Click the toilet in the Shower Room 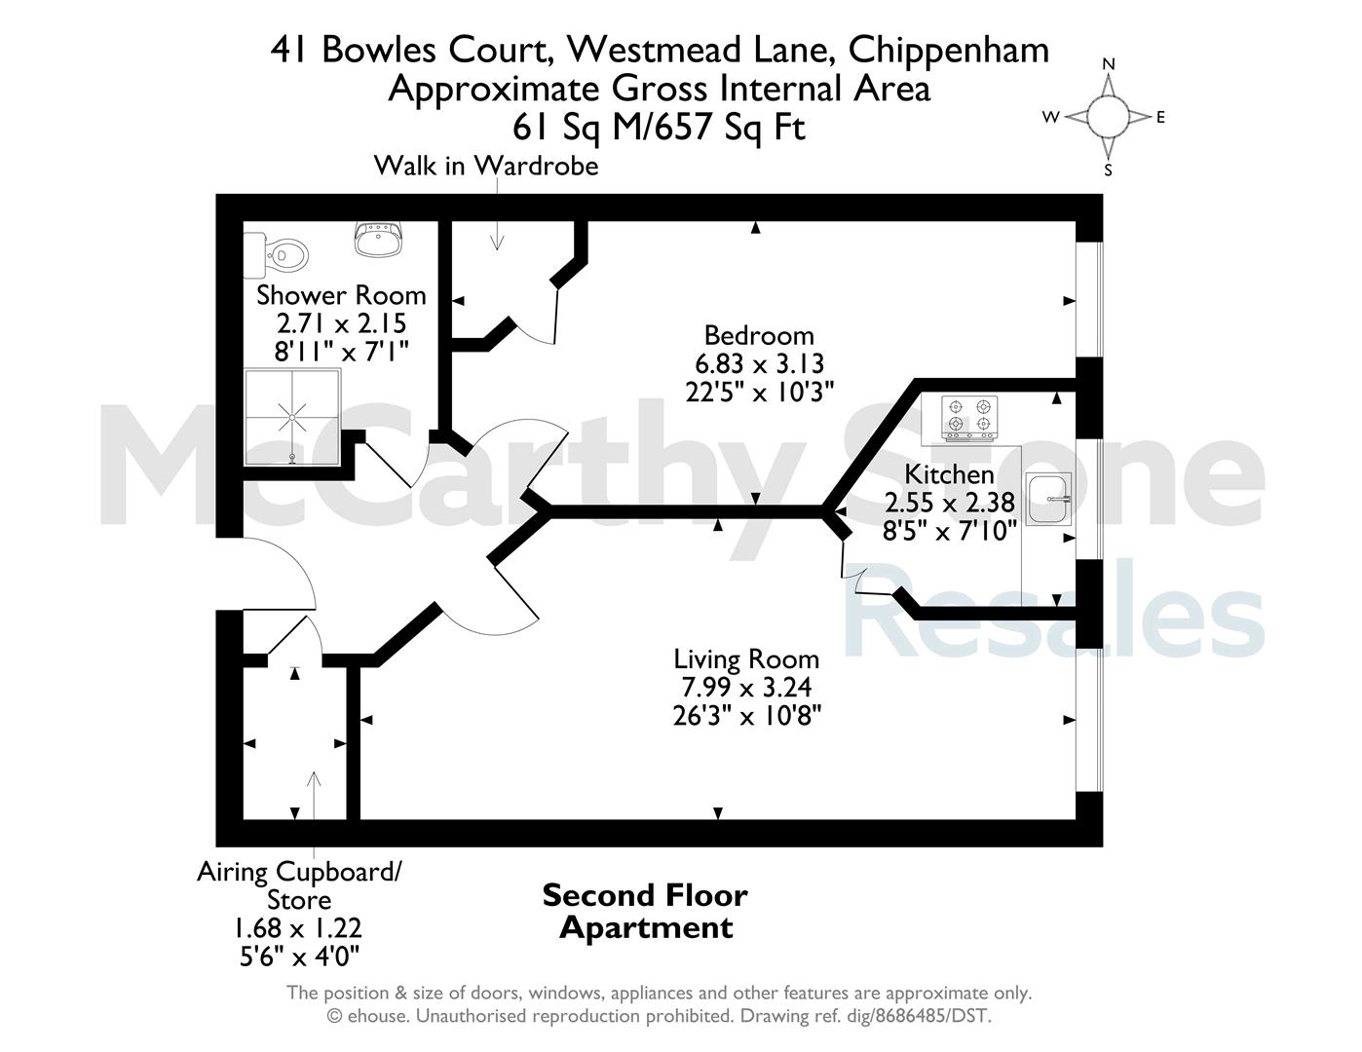tap(276, 255)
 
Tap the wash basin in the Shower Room tap(379, 239)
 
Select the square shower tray tap(292, 417)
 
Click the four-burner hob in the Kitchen tap(969, 419)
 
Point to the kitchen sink tap(1049, 499)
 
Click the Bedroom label tap(759, 336)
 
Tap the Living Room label tap(746, 659)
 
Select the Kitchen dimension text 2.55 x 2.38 tap(950, 503)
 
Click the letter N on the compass tap(1109, 64)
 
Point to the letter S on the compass tap(1108, 170)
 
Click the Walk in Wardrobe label tap(486, 166)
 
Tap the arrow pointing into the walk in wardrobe tap(497, 215)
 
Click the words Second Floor tap(646, 895)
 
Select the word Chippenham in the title tap(949, 50)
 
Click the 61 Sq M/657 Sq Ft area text tap(659, 128)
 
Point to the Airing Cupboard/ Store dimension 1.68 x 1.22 tap(298, 928)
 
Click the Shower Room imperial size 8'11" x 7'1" tap(342, 352)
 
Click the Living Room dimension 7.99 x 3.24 tap(746, 688)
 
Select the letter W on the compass tap(1051, 117)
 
